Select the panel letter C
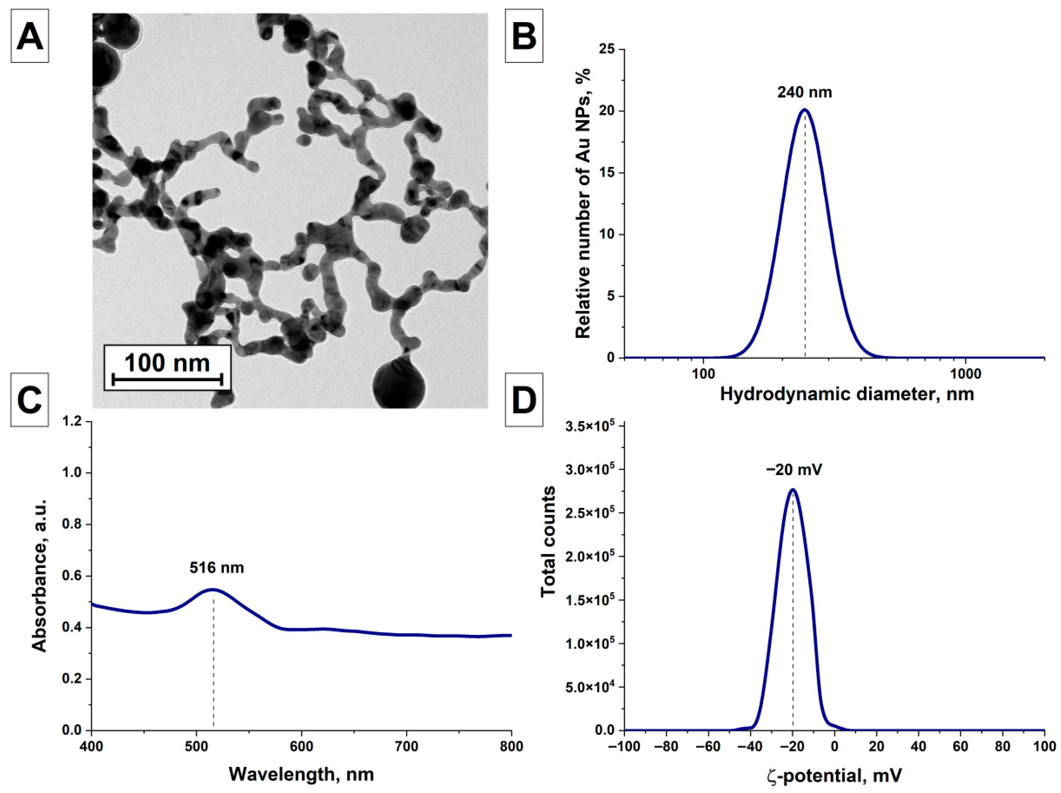pyautogui.click(x=30, y=400)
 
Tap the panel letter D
pyautogui.click(x=524, y=400)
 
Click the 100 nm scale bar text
pyautogui.click(x=167, y=363)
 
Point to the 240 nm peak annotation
pyautogui.click(x=805, y=92)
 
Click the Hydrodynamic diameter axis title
pyautogui.click(x=847, y=394)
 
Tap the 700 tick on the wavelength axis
pyautogui.click(x=406, y=747)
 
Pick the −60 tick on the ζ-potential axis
pyautogui.click(x=708, y=747)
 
